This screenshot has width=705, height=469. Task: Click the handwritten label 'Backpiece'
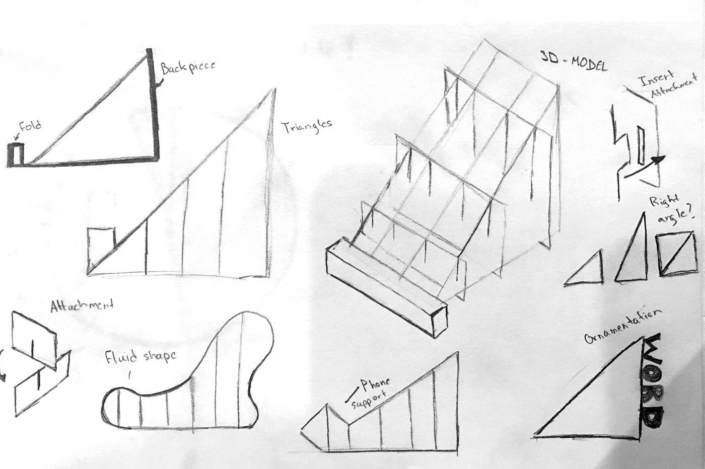[188, 67]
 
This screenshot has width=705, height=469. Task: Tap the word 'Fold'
[30, 126]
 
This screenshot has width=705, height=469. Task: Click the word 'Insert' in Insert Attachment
[657, 81]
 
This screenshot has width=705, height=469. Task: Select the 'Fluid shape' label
[140, 357]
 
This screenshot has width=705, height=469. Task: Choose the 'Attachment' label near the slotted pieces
[82, 305]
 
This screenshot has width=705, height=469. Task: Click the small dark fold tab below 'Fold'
[15, 154]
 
